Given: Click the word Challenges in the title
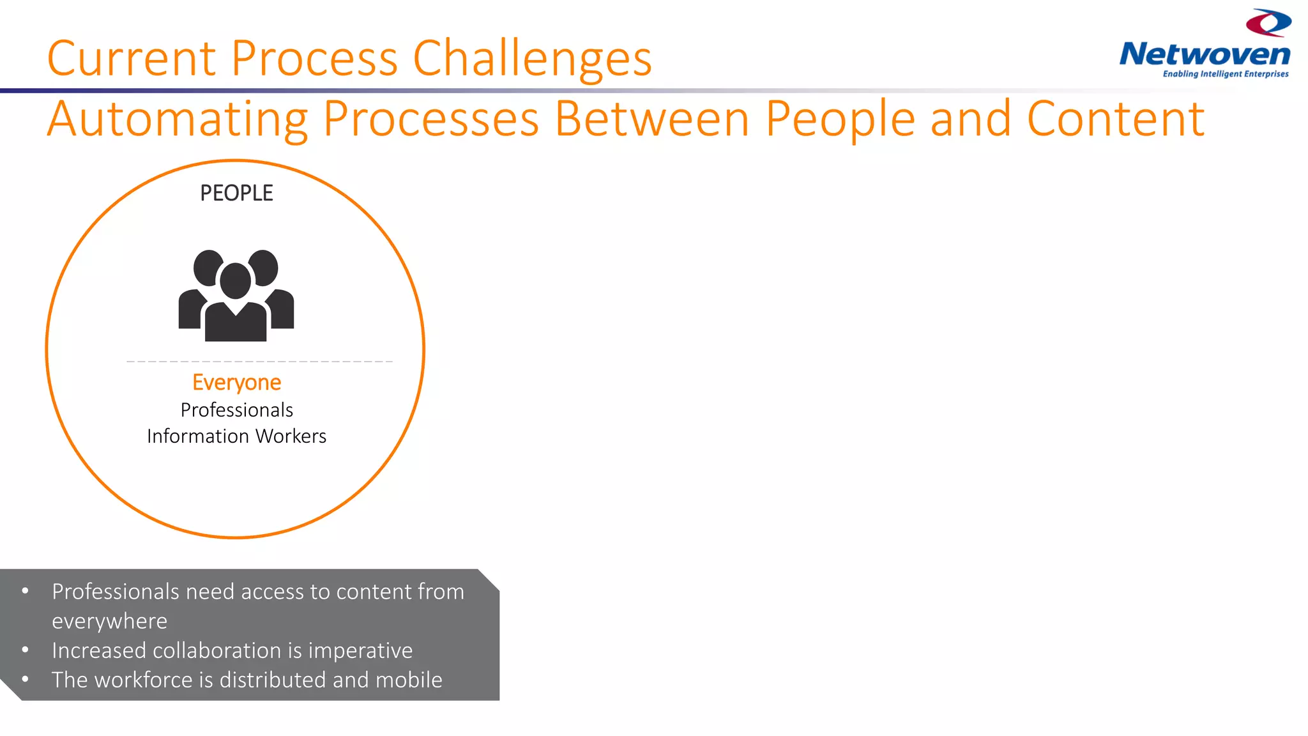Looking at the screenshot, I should [x=532, y=59].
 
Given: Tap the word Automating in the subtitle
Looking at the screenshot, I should [x=178, y=119].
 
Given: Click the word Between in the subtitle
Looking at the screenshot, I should [x=651, y=119].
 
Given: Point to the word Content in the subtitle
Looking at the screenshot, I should [x=1115, y=119].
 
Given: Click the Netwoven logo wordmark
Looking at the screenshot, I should [x=1205, y=54].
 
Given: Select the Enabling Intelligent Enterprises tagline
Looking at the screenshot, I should [x=1225, y=74].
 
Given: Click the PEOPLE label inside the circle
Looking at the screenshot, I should [x=236, y=193].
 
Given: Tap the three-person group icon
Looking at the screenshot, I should [x=236, y=295].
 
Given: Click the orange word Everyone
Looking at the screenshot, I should [x=236, y=382].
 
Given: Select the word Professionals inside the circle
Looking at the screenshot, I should [x=236, y=410].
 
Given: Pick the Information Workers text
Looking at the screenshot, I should [x=236, y=436].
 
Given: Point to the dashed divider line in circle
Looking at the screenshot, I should [x=259, y=362].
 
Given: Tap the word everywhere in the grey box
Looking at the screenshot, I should [x=109, y=621].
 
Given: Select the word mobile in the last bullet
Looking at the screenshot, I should [x=409, y=680].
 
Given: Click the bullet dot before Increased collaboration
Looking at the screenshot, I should [x=25, y=650].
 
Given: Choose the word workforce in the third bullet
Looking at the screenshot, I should [x=143, y=680].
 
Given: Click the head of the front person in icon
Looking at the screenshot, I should [x=235, y=280].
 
